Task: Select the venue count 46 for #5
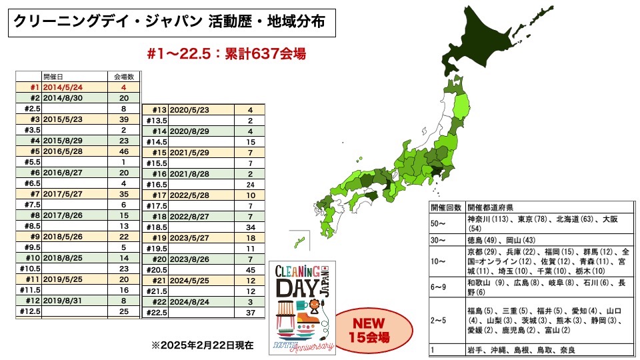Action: click(x=125, y=151)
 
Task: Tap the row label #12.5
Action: click(x=29, y=311)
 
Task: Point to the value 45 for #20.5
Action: click(x=250, y=270)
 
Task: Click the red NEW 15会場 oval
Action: click(x=371, y=329)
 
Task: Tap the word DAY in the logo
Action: click(x=299, y=289)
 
